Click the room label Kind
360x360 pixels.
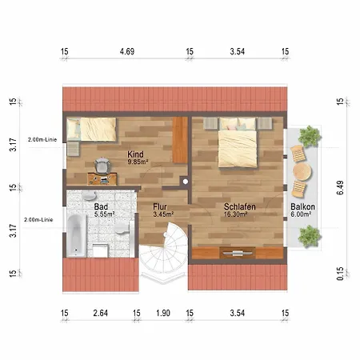pyautogui.click(x=135, y=154)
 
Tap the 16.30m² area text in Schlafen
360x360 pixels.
pyautogui.click(x=235, y=214)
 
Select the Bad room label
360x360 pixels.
pyautogui.click(x=101, y=206)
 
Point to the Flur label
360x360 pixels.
pyautogui.click(x=160, y=206)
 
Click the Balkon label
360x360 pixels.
pyautogui.click(x=302, y=206)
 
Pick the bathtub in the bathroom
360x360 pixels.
pyautogui.click(x=77, y=235)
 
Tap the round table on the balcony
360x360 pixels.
pyautogui.click(x=302, y=171)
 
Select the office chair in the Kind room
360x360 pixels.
pyautogui.click(x=102, y=166)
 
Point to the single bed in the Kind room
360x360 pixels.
pyautogui.click(x=91, y=129)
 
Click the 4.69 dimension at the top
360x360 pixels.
pyautogui.click(x=127, y=51)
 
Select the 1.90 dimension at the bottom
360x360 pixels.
pyautogui.click(x=163, y=313)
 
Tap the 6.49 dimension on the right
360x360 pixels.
pyautogui.click(x=340, y=188)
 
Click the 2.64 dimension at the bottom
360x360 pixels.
pyautogui.click(x=101, y=313)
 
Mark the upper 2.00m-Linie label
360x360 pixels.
pyautogui.click(x=42, y=139)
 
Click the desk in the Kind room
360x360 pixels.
pyautogui.click(x=102, y=179)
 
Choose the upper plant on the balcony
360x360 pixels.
pyautogui.click(x=310, y=136)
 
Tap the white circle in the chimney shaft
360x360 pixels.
pyautogui.click(x=186, y=182)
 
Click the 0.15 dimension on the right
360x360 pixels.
pyautogui.click(x=340, y=274)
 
